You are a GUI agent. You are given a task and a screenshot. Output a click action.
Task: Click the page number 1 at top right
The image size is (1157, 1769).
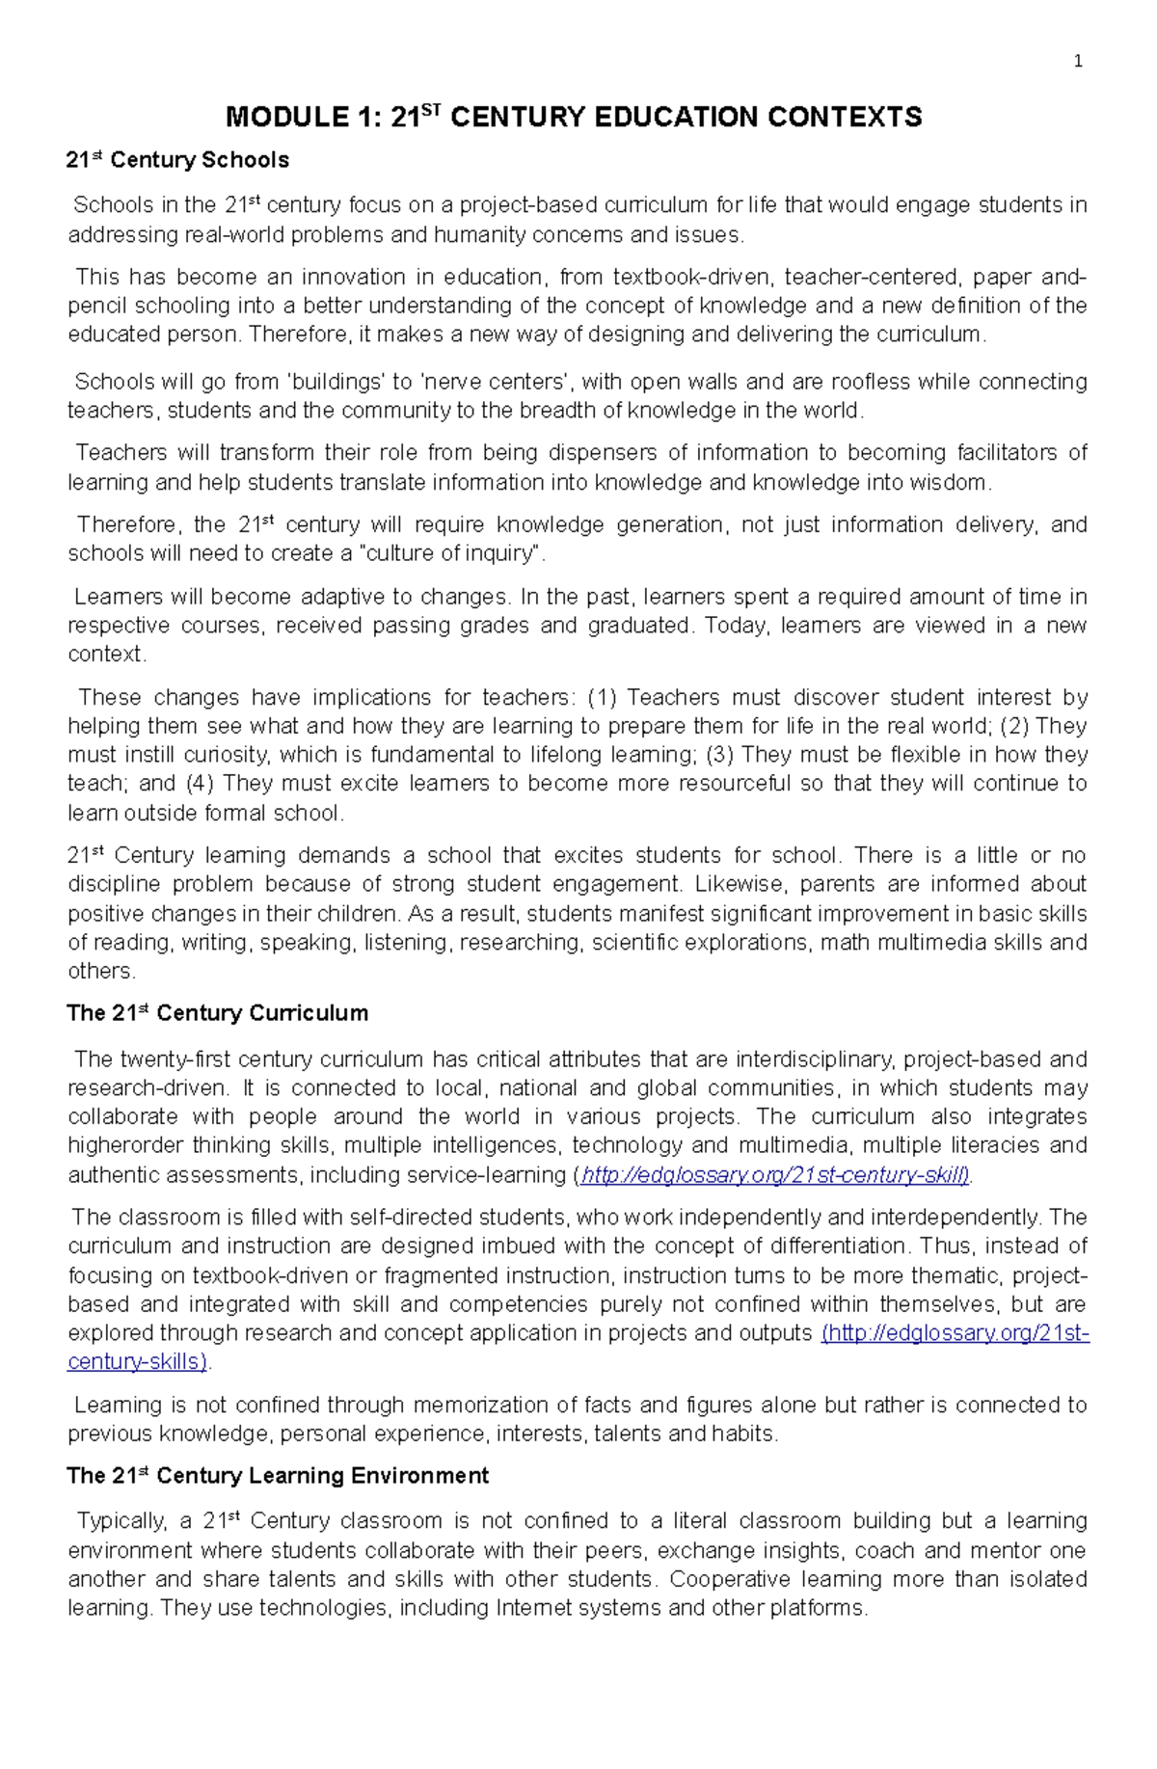[x=1078, y=62]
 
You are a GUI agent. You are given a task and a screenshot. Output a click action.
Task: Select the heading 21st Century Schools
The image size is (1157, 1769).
[x=177, y=160]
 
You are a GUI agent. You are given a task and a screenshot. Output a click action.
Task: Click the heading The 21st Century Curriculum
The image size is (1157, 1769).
[x=217, y=1013]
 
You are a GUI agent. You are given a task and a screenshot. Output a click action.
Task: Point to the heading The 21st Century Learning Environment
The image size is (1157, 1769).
[x=278, y=1476]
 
